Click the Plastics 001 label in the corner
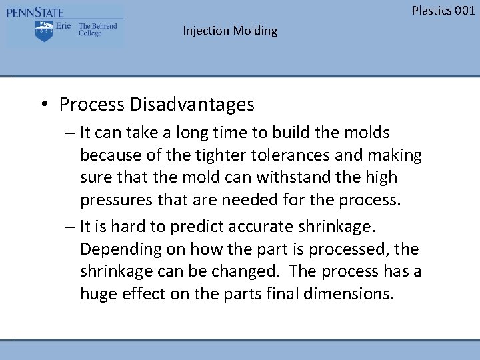click(443, 10)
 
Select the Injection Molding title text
click(230, 31)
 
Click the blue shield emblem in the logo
click(44, 31)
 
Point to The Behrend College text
click(97, 30)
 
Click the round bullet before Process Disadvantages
click(43, 105)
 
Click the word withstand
click(290, 177)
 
